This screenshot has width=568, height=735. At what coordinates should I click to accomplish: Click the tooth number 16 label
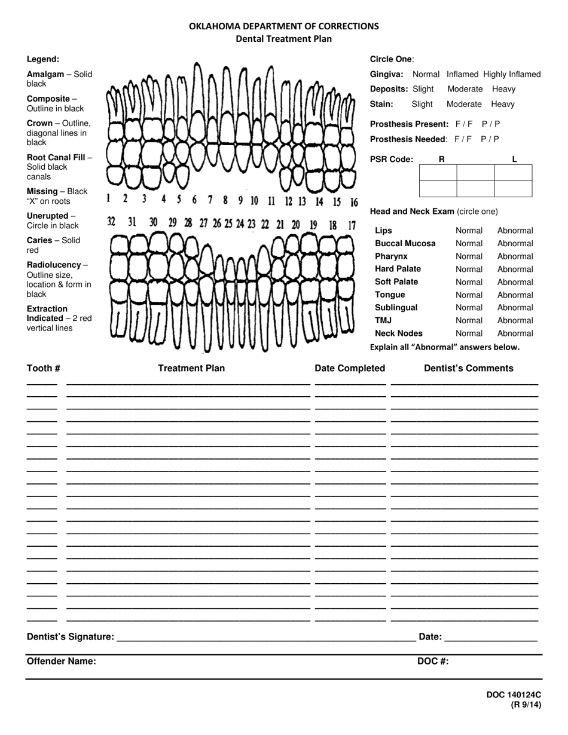pos(354,203)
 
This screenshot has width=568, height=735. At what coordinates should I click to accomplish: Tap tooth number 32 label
pos(111,222)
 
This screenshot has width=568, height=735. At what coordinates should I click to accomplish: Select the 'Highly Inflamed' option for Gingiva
pos(512,74)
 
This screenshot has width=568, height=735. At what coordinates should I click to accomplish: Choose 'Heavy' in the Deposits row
pos(503,89)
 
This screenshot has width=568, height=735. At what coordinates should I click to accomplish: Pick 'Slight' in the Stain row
pos(422,104)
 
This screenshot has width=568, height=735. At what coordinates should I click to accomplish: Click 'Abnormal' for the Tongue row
pos(515,295)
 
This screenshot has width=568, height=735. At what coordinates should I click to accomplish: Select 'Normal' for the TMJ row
pos(469,321)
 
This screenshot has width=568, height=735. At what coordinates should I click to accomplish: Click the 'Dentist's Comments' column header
pos(468,368)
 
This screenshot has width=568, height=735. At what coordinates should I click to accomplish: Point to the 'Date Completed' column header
pos(350,368)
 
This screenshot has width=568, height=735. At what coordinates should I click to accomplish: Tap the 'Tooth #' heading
pos(44,368)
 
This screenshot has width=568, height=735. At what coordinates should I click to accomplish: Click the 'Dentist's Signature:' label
pos(71,637)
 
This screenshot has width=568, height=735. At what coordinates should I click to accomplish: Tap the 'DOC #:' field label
pos(433,661)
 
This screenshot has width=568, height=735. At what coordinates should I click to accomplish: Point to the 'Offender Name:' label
pos(62,661)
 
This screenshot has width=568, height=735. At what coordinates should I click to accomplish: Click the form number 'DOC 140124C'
pos(514,695)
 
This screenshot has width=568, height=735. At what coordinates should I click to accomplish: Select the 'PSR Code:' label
pos(392,159)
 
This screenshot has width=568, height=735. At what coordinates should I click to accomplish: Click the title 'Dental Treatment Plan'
pos(283,39)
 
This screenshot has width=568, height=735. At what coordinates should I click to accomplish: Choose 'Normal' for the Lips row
pos(469,231)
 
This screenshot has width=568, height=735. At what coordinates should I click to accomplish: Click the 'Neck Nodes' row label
pos(399,333)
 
